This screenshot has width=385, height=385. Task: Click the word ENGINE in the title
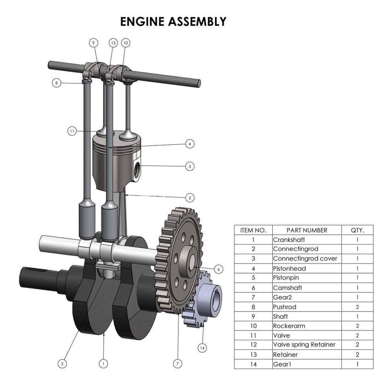coord(142,22)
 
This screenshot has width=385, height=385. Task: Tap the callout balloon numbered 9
coord(93,43)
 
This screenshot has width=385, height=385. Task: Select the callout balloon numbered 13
coord(113,43)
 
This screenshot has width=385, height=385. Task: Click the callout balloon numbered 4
coord(190,144)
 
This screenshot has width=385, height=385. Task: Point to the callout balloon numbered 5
coord(190,166)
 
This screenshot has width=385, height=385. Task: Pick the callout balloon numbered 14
coord(202,348)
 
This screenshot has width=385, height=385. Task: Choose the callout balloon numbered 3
coord(62,364)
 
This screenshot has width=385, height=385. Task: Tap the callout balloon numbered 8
coord(56,83)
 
